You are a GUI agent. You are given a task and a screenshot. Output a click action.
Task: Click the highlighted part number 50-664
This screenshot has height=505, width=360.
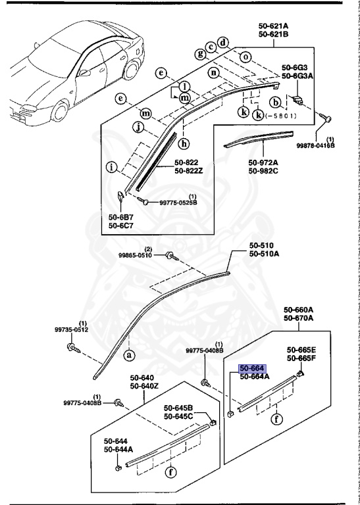tap(252, 368)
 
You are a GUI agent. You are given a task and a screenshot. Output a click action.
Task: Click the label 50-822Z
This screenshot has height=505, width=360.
tap(189, 171)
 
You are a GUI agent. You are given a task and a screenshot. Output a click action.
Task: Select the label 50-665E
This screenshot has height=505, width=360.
tap(301, 350)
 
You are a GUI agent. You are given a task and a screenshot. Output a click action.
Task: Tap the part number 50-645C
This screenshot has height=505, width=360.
tap(178, 416)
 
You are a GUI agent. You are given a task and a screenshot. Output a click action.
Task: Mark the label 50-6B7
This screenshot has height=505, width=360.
tap(121, 216)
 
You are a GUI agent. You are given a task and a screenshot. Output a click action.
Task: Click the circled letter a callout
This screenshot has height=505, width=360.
tap(129, 354)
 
